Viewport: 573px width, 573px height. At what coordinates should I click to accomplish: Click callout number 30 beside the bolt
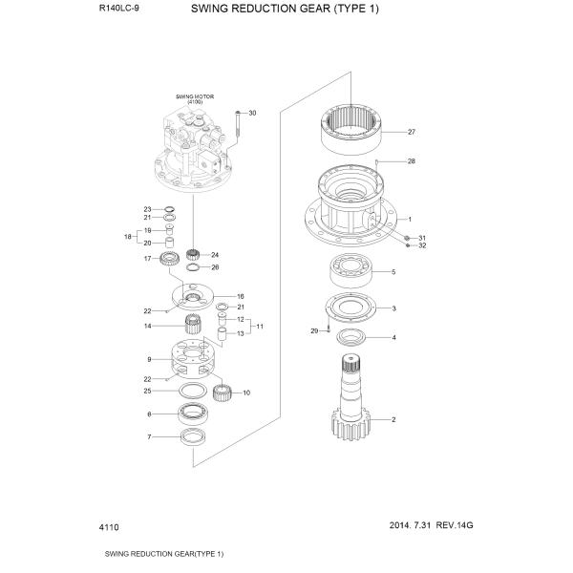pyautogui.click(x=252, y=114)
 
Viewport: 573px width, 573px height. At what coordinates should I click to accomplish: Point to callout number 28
pyautogui.click(x=412, y=161)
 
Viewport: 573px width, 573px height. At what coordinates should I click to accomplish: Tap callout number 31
pyautogui.click(x=422, y=237)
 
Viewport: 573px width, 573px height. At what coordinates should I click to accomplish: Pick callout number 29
pyautogui.click(x=313, y=330)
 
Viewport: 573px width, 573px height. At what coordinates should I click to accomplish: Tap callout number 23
pyautogui.click(x=148, y=209)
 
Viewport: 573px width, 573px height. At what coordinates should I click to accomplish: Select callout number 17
pyautogui.click(x=148, y=258)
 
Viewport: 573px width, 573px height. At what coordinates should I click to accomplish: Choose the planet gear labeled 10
pyautogui.click(x=223, y=392)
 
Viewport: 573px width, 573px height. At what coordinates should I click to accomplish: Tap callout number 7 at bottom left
pyautogui.click(x=148, y=437)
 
